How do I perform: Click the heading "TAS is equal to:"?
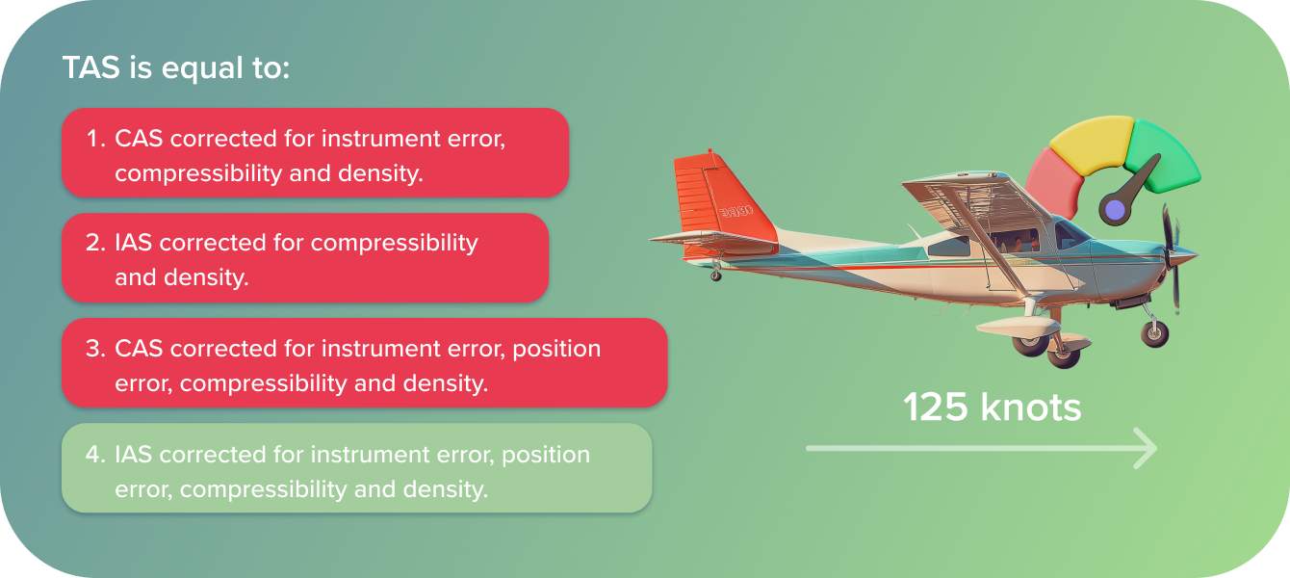click(x=175, y=68)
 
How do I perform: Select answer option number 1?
click(x=316, y=153)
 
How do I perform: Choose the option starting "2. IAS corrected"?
click(x=305, y=258)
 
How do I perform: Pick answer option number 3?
click(x=365, y=363)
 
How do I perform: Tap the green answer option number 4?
click(x=357, y=468)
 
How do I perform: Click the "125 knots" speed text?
click(x=993, y=407)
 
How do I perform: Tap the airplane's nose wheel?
click(x=1154, y=333)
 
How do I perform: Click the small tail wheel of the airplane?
click(x=716, y=276)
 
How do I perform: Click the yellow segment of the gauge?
click(x=1093, y=144)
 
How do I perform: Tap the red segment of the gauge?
click(x=1055, y=181)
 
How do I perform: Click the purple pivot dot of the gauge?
click(x=1115, y=210)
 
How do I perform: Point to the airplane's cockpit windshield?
click(x=1070, y=234)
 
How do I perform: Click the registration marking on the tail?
click(x=737, y=212)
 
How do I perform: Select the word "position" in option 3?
click(x=556, y=350)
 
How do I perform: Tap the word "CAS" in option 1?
click(x=139, y=139)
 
